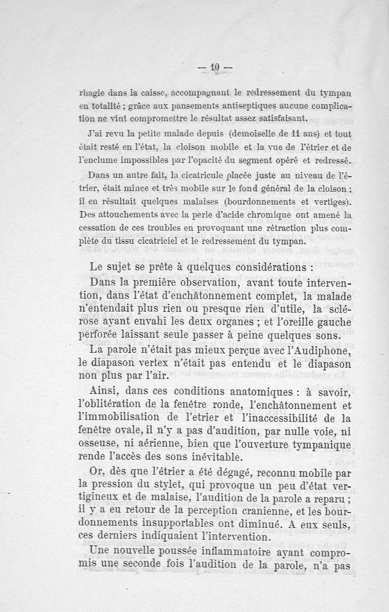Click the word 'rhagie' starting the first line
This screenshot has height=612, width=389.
click(x=91, y=92)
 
